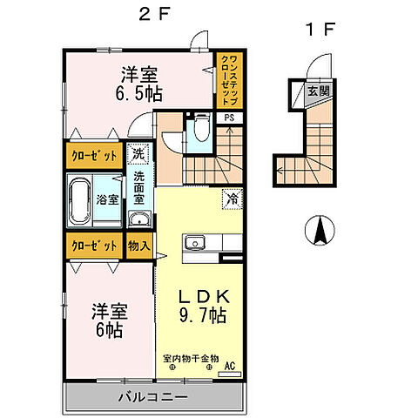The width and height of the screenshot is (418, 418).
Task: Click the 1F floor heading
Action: click(x=319, y=29)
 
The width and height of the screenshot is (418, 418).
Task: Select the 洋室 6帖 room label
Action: click(x=110, y=320)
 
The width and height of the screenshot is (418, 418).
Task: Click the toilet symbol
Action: click(x=200, y=130)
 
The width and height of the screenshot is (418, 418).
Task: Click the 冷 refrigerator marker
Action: click(x=233, y=198)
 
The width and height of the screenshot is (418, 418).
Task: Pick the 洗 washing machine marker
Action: click(x=138, y=154)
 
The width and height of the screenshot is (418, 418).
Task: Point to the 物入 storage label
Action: click(x=139, y=246)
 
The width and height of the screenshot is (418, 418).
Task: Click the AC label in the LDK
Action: click(x=231, y=366)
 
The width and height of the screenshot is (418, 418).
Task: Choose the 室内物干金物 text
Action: click(x=189, y=358)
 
